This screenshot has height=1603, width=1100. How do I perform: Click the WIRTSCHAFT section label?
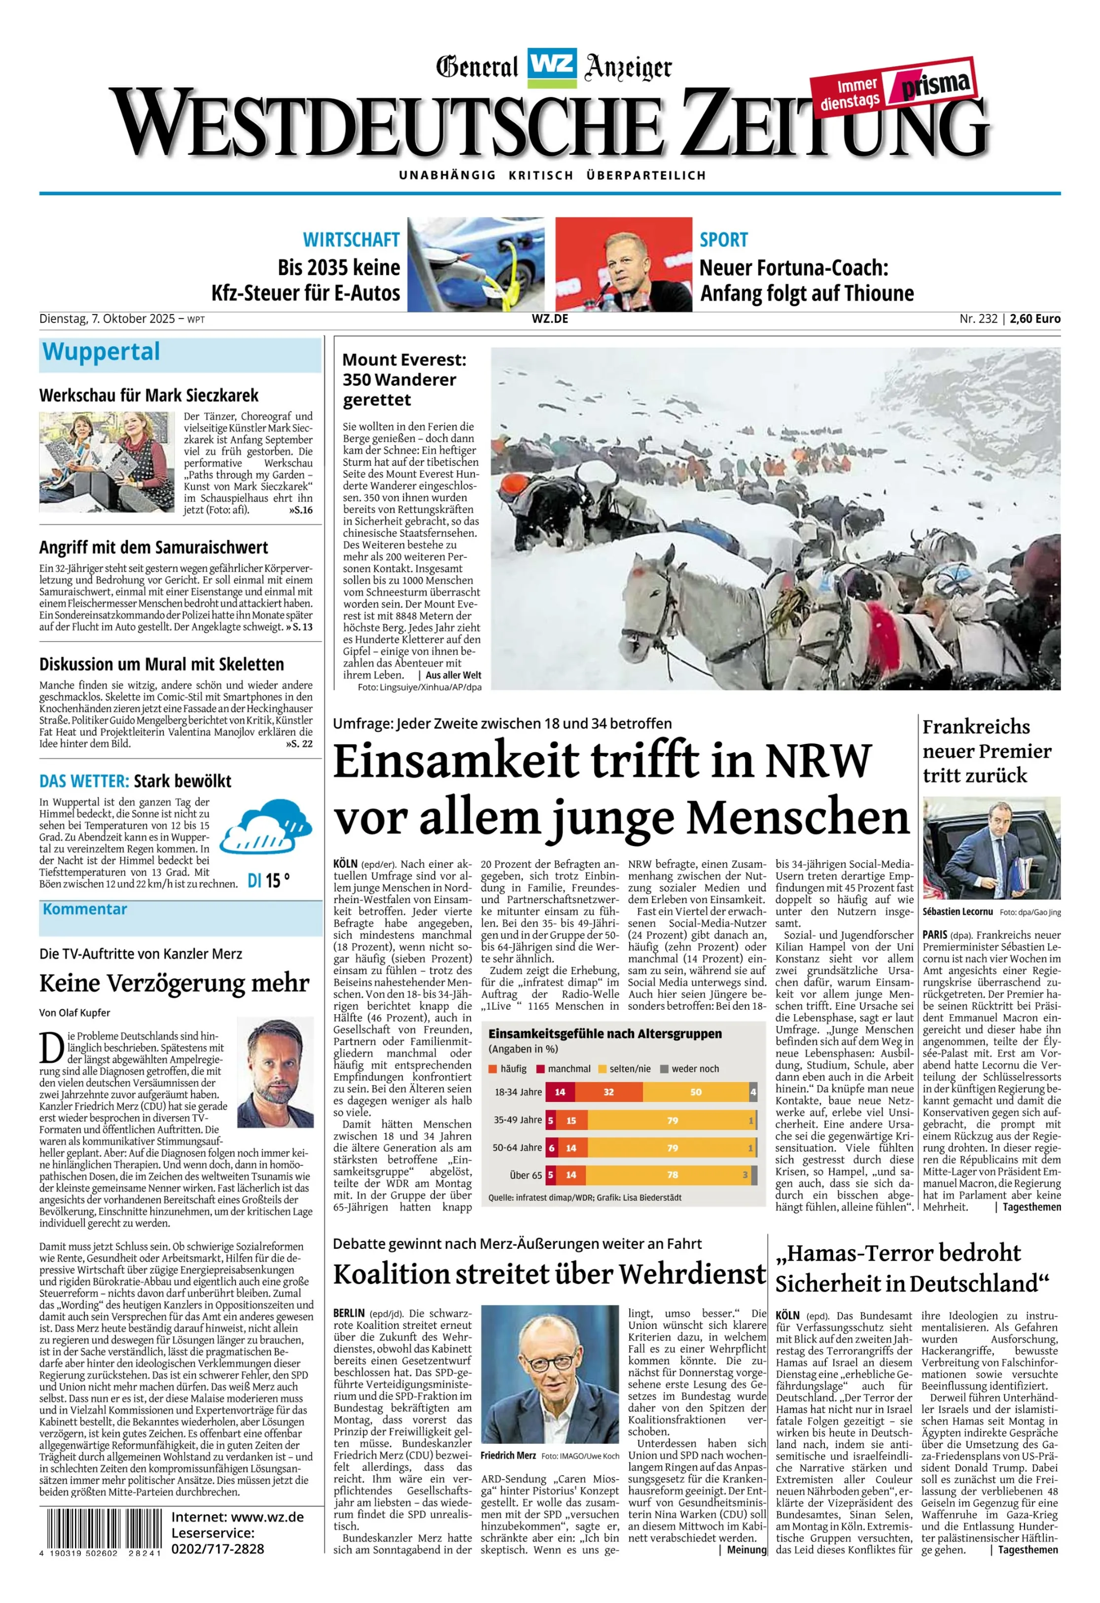pos(351,239)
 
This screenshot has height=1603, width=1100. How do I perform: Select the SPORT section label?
pos(723,239)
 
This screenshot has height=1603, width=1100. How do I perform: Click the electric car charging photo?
pos(475,264)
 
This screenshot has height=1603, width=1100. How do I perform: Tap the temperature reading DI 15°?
pos(268,881)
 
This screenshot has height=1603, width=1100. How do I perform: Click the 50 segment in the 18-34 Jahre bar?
pos(695,1092)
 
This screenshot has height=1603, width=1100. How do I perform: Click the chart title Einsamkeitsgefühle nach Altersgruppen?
pos(605,1033)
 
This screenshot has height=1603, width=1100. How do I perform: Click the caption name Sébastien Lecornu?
pos(957,912)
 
